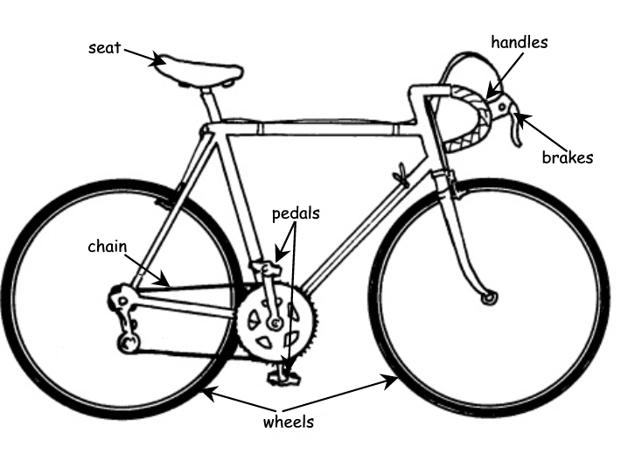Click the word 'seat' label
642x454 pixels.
(x=105, y=46)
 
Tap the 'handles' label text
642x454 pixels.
(x=519, y=42)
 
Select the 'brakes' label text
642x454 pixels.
(x=568, y=158)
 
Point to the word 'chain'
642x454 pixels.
(x=108, y=246)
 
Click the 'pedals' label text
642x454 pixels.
(x=296, y=213)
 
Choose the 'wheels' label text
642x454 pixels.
(x=288, y=423)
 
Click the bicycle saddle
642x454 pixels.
(x=196, y=67)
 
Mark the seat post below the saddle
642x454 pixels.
(x=209, y=104)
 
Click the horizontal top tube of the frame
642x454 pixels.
(x=324, y=129)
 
